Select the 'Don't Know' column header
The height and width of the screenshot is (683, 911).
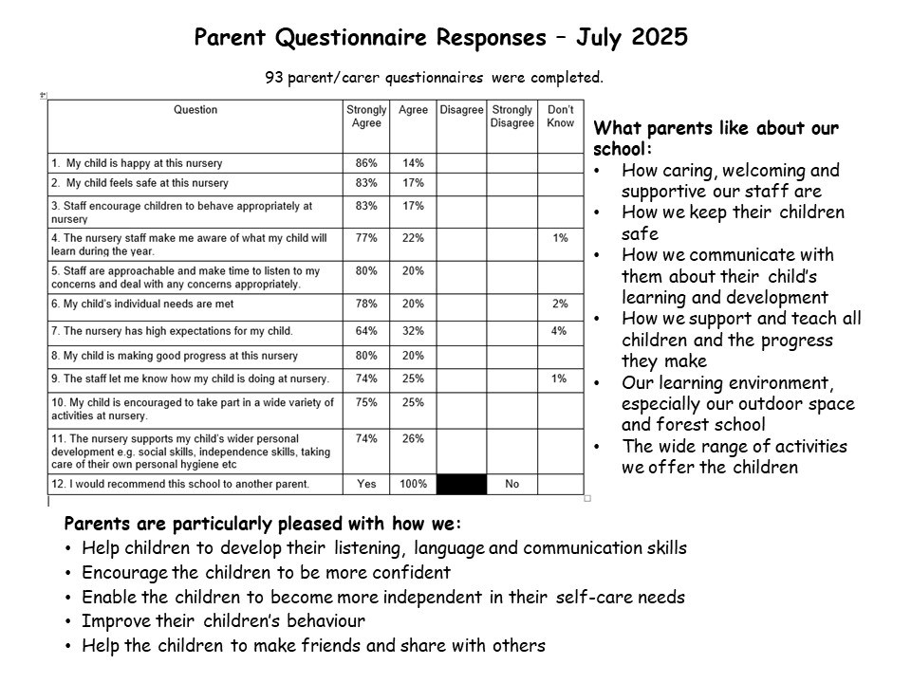[561, 117]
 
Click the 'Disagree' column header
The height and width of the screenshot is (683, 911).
[461, 110]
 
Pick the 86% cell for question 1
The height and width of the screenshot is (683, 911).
[366, 163]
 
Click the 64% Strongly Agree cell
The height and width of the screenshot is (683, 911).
[366, 331]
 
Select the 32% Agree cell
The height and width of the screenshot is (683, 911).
[413, 331]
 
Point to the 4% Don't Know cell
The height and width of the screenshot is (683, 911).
[560, 331]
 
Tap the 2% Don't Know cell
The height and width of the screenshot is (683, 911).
[560, 305]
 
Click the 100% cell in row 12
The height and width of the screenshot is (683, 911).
[413, 484]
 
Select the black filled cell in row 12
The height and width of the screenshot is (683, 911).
[461, 484]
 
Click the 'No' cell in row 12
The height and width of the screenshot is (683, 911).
[512, 484]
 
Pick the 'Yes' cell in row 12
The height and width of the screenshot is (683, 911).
[366, 484]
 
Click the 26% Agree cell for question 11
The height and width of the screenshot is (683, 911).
[413, 438]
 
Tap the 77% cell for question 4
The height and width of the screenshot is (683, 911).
[366, 238]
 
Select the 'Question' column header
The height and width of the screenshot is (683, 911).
[195, 110]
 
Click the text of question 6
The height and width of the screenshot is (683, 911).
[142, 305]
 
